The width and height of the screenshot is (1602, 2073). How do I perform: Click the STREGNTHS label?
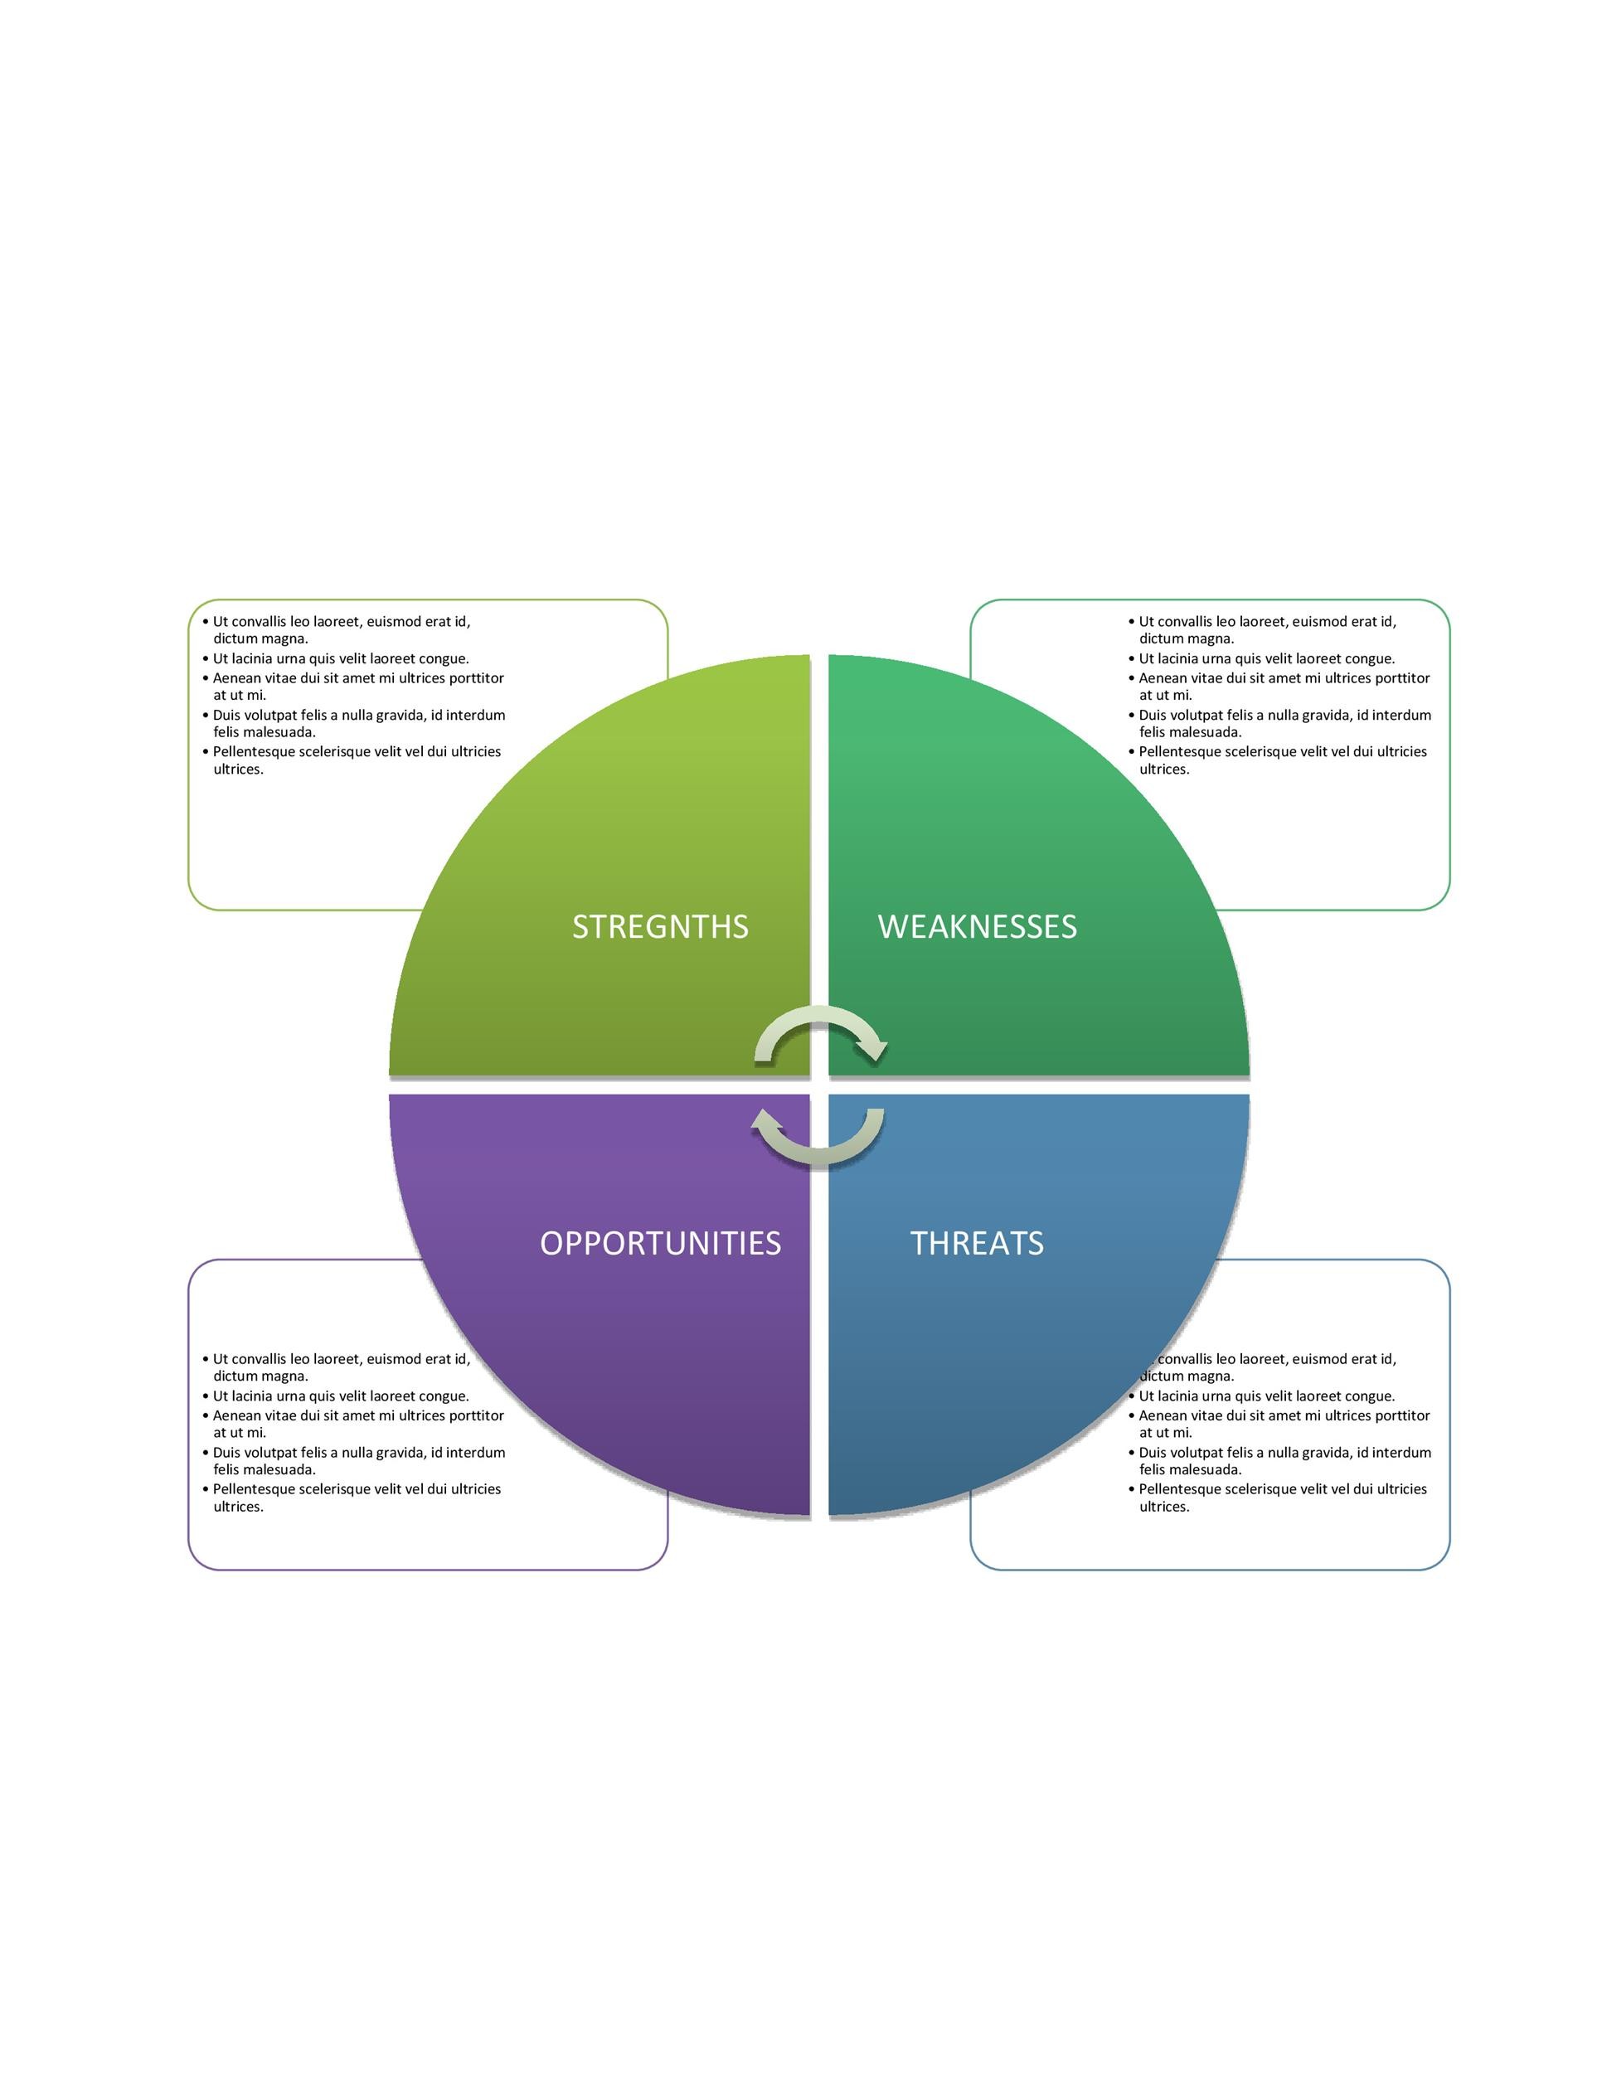(659, 926)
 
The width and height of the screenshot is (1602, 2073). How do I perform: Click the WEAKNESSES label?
(978, 926)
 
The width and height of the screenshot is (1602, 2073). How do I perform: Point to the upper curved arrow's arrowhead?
(871, 1049)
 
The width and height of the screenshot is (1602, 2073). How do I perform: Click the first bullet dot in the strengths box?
(205, 622)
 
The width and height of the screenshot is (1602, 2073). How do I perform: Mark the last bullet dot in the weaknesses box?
(1131, 752)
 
